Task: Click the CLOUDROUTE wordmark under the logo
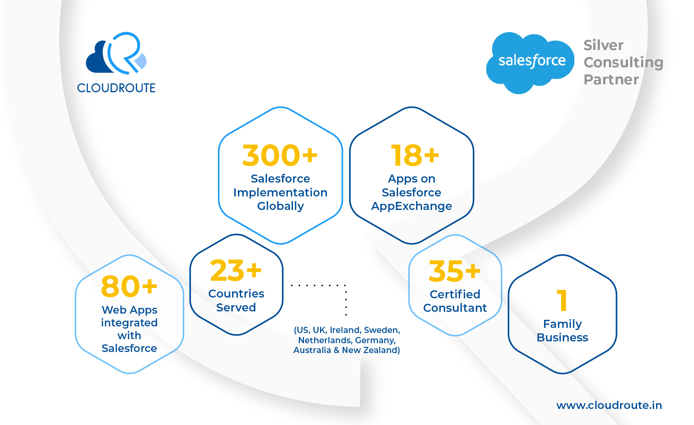pos(116,88)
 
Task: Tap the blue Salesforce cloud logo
pos(530,62)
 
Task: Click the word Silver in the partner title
pos(604,45)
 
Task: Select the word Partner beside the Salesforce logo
pos(611,79)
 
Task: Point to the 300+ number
pos(280,155)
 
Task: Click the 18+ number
pos(415,155)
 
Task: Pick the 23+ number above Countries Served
pos(236,270)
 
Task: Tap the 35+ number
pos(455,271)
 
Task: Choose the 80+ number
pos(129,286)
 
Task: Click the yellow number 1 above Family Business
pos(562,300)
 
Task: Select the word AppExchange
pos(412,206)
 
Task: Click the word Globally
pos(281,206)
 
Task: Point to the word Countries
pos(236,294)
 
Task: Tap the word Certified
pos(455,294)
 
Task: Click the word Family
pos(563,324)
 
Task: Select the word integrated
pos(130,323)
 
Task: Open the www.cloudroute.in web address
pos(609,405)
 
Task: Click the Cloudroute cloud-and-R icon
pos(116,53)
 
